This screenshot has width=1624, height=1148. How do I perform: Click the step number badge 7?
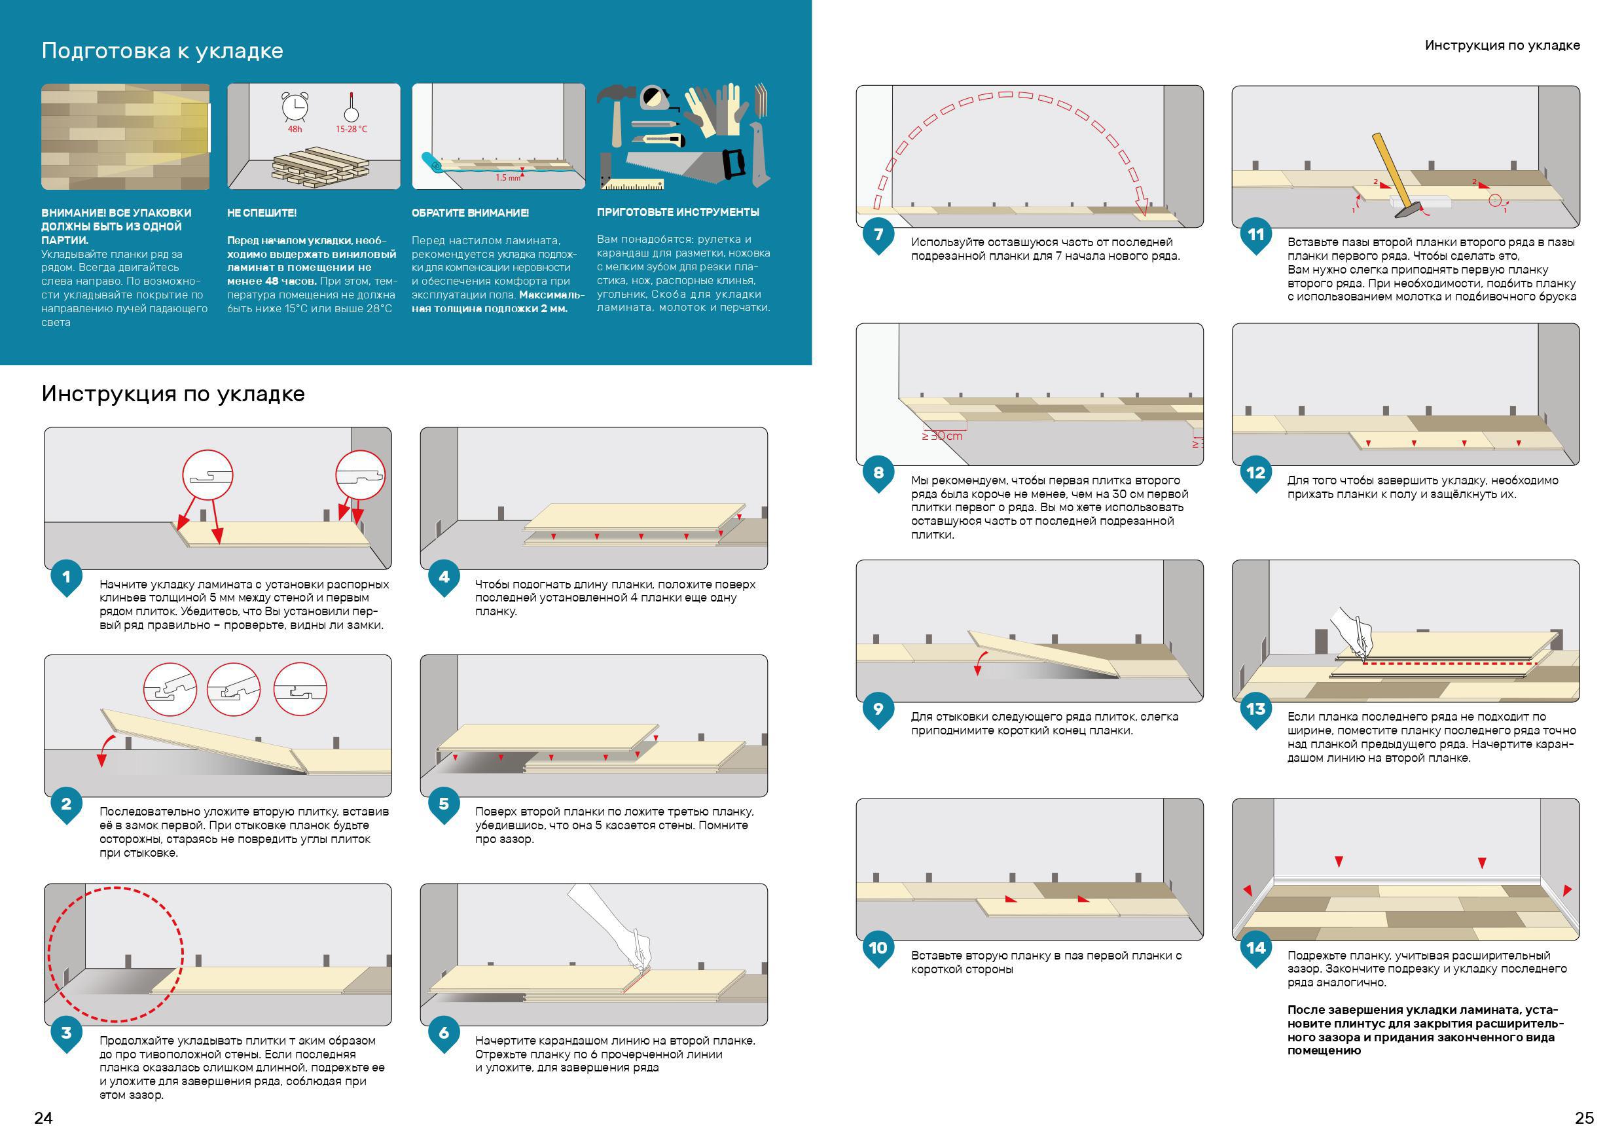878,234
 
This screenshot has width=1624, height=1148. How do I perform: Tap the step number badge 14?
1255,947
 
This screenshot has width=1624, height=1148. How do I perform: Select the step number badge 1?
67,577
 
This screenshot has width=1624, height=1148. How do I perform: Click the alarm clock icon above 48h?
295,107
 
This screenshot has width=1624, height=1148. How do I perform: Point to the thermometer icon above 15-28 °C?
351,107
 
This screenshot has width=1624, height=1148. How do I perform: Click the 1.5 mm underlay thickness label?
507,177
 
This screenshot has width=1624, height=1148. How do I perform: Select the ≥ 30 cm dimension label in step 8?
942,436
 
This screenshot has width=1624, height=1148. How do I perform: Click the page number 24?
43,1118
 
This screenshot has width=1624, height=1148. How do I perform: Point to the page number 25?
1584,1118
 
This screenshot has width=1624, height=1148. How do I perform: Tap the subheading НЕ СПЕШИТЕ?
262,213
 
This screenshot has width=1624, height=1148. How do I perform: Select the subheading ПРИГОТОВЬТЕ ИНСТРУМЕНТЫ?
677,212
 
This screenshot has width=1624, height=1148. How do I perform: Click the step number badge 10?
878,947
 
